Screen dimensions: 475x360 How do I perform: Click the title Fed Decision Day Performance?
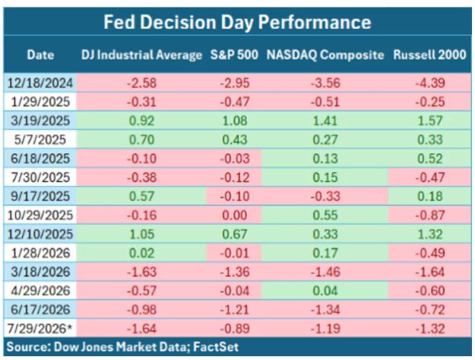237,22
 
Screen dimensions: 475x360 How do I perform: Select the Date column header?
40,55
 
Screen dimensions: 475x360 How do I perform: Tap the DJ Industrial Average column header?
141,55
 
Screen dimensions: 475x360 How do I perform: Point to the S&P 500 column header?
234,55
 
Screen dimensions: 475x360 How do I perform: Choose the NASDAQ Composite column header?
325,55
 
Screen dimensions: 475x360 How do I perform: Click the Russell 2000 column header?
429,55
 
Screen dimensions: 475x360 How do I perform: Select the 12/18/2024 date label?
40,83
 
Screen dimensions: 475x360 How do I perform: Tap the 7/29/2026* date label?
40,329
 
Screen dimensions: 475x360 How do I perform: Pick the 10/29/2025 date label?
40,215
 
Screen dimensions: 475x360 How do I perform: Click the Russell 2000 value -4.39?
429,83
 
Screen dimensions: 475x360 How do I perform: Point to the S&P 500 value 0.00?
235,215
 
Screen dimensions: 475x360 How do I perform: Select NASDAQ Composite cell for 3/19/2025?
325,121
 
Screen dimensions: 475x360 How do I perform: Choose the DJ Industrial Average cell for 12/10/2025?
141,234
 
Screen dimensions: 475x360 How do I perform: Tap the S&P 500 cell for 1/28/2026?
235,253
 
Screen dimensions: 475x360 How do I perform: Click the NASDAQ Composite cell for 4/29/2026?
325,291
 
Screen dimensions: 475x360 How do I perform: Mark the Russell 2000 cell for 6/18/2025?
429,159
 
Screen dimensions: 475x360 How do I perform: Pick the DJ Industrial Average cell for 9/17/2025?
141,196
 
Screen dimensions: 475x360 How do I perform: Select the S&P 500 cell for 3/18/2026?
235,272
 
